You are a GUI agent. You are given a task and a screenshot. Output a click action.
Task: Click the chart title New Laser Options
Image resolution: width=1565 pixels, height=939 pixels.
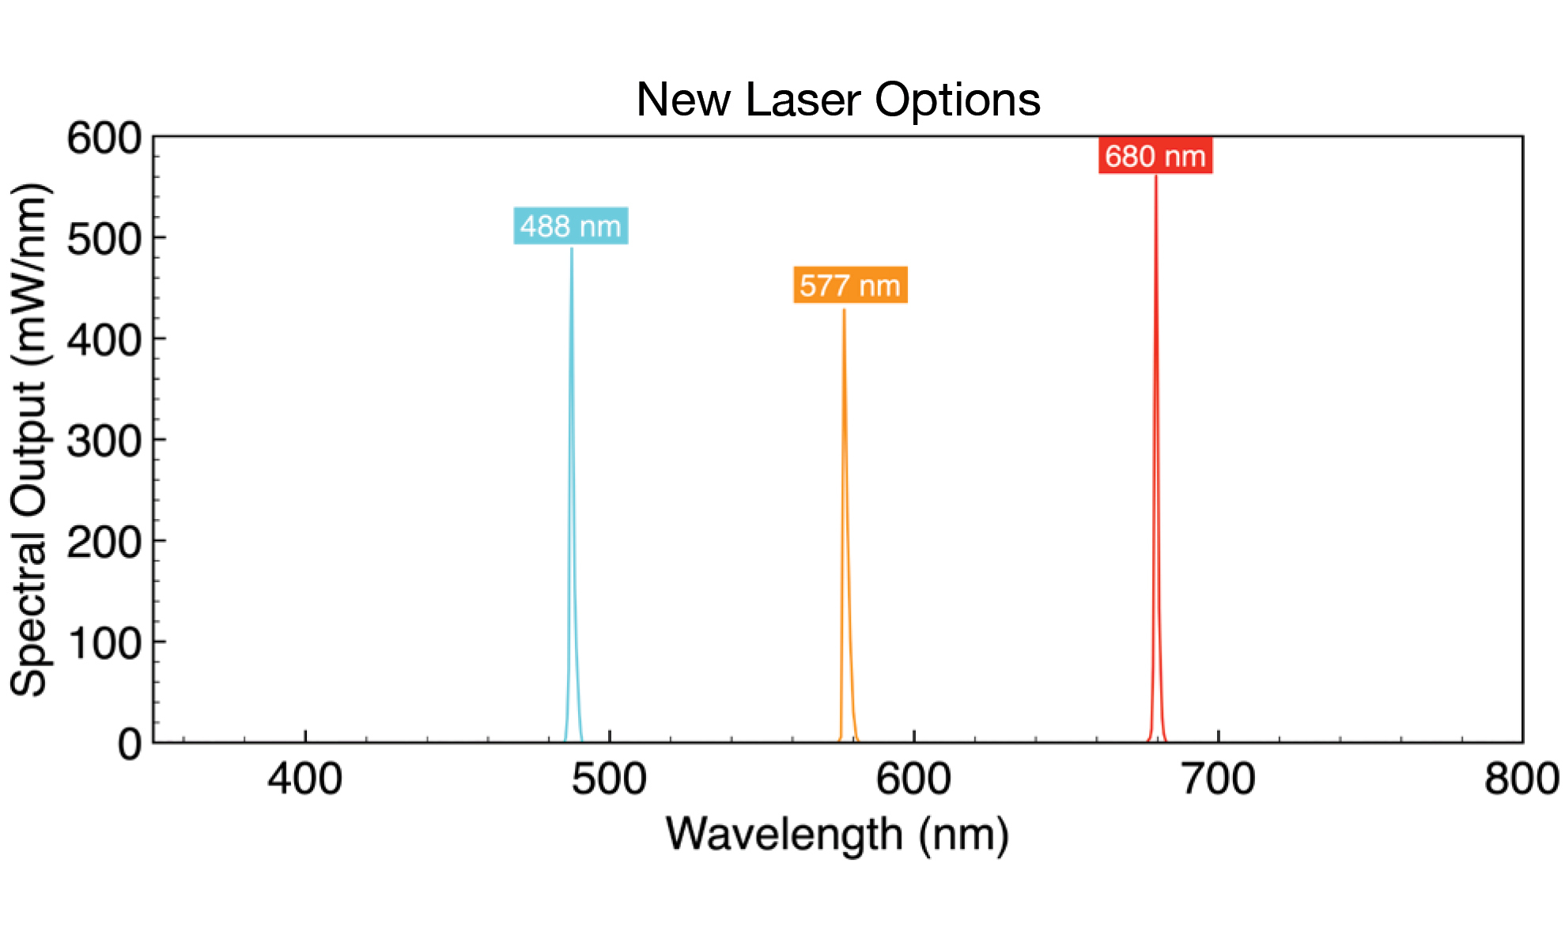pos(837,100)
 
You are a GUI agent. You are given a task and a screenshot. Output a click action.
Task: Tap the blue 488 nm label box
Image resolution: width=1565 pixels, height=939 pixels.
pos(570,226)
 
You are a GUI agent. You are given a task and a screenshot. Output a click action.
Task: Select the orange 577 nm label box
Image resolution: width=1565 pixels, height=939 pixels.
pos(850,285)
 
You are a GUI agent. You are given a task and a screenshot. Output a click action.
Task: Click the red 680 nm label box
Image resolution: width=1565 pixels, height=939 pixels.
pos(1155,156)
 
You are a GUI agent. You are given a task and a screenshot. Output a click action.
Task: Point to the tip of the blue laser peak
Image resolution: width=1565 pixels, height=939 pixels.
pos(572,250)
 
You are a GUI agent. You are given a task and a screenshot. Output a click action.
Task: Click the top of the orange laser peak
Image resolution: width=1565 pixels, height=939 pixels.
pos(844,311)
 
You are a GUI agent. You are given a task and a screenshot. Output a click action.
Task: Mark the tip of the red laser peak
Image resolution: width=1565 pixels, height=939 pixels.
pos(1155,177)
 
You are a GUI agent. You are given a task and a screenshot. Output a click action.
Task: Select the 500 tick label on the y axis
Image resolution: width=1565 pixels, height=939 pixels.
pos(104,239)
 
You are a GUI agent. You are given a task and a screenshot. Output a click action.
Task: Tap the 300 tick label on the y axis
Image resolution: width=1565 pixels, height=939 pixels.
pos(104,441)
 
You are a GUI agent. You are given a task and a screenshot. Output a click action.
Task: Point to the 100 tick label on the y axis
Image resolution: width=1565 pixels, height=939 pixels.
pos(104,643)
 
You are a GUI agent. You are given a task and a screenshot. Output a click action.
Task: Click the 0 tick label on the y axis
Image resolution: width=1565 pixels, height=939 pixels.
pos(130,744)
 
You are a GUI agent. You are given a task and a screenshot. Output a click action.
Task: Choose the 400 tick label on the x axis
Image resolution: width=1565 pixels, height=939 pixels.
pos(304,779)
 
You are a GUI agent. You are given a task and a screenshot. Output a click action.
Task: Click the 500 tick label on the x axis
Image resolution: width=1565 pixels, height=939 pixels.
pos(609,779)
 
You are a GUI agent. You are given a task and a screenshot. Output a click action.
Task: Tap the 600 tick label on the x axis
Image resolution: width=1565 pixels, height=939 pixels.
pos(913,779)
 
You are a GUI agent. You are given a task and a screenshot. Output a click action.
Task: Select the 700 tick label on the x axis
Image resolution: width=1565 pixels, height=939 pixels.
pos(1218,779)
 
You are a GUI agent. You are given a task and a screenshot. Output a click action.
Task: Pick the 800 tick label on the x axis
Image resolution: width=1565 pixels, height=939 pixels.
pos(1521,779)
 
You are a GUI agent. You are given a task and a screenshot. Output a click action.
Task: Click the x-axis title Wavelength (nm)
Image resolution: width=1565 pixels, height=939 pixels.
pos(837,835)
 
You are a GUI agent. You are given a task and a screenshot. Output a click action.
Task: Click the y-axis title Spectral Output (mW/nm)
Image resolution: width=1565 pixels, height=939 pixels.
pos(30,440)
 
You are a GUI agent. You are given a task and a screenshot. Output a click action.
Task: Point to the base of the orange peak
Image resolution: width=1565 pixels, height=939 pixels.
pos(848,740)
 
